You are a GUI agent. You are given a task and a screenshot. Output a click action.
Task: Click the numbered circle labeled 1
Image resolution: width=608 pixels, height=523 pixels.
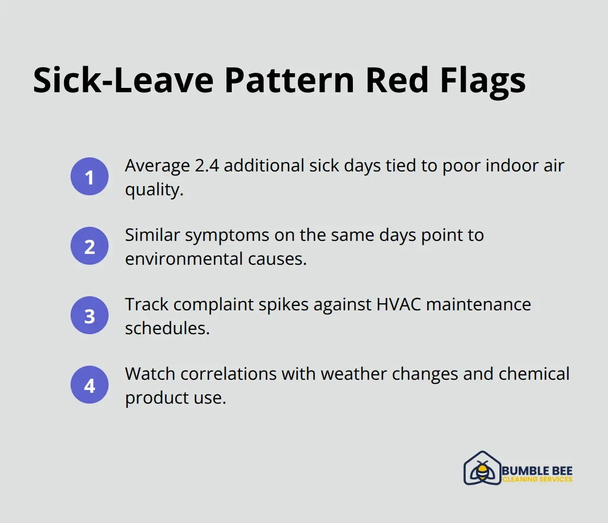(x=90, y=176)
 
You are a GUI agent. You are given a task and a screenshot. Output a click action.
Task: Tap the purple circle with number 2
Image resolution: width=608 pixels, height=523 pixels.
(x=90, y=246)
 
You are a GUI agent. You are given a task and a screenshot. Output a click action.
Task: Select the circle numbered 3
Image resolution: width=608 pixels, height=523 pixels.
(x=90, y=315)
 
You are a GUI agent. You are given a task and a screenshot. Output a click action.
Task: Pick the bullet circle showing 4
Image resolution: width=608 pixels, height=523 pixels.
(x=90, y=385)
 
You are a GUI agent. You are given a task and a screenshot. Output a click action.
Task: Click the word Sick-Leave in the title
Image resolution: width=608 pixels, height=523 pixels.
(x=123, y=80)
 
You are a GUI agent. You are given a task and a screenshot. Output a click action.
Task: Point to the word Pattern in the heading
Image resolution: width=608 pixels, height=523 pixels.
(x=289, y=80)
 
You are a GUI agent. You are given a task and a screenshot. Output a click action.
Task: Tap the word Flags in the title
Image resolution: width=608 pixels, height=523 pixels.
(x=483, y=82)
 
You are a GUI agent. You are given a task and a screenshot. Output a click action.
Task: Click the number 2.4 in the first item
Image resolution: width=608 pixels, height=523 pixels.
(x=207, y=165)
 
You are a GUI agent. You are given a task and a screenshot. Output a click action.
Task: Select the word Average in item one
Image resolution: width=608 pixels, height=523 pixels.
(x=157, y=167)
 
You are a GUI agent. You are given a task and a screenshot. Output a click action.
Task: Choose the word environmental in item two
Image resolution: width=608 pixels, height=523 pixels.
(x=184, y=258)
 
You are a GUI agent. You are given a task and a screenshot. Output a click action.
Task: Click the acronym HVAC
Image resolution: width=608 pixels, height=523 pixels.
(x=398, y=304)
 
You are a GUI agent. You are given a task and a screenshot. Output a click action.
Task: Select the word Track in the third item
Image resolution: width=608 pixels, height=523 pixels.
(x=147, y=304)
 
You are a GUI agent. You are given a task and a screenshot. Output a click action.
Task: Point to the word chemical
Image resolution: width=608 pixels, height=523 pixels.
(x=534, y=374)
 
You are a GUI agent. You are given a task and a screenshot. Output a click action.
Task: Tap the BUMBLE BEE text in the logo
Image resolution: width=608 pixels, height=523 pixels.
(x=537, y=471)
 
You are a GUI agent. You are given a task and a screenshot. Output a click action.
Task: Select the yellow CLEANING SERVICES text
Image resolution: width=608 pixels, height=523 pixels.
(x=537, y=479)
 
